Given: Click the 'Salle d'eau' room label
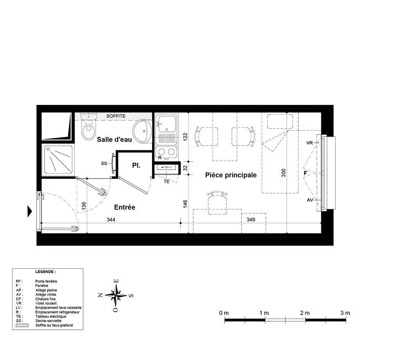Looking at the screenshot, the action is point(114,139).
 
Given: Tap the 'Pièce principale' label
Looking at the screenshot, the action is point(231,175).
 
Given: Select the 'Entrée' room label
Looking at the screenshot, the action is point(125,207).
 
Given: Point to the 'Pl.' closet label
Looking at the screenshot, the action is point(136,166).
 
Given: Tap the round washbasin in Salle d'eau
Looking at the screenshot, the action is point(142,131).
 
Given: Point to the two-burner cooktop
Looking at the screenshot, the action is point(166,152).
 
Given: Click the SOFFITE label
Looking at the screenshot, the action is point(116,116).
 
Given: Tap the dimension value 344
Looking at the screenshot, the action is point(111,220).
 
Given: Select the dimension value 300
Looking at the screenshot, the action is point(284,173).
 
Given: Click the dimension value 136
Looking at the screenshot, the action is point(84,206).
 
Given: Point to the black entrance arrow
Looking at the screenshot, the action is point(30,211).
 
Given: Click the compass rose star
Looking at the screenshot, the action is point(116,295).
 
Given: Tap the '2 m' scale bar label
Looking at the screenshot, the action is point(305,313).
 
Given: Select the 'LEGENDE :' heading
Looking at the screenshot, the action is point(45,272).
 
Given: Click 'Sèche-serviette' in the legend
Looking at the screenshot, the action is point(48,321).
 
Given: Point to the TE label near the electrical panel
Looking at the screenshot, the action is point(167,181).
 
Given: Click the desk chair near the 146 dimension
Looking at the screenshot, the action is point(218,203).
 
